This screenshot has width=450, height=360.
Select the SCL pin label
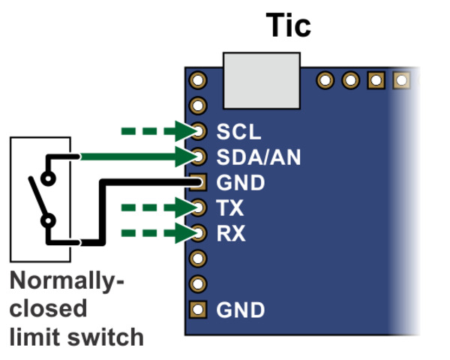(x=238, y=132)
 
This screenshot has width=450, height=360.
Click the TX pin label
(x=230, y=208)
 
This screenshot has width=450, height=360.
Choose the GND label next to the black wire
(x=240, y=182)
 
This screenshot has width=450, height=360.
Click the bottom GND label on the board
(x=240, y=309)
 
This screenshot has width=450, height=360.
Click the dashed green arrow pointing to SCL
(x=157, y=131)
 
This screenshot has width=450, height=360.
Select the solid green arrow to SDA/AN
(x=135, y=157)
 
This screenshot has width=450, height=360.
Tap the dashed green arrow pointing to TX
(x=157, y=207)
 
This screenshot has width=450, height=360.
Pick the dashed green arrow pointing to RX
(x=157, y=232)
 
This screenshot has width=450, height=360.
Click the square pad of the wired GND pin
(x=198, y=181)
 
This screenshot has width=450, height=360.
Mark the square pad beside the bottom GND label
(x=198, y=308)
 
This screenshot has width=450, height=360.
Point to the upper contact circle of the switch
(x=49, y=178)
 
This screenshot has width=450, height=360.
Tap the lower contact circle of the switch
(x=49, y=220)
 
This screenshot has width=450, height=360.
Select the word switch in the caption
(x=108, y=336)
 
